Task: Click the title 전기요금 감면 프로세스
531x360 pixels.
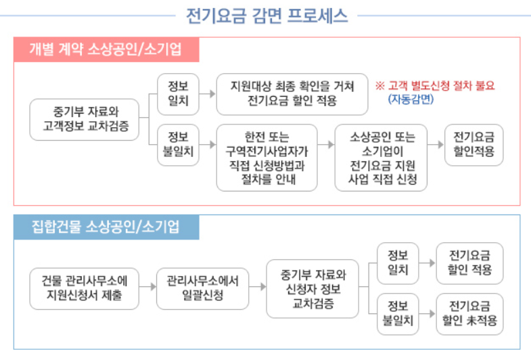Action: pyautogui.click(x=266, y=15)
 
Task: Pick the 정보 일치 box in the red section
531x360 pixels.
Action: pyautogui.click(x=175, y=94)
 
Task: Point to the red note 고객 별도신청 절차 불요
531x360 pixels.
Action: pyautogui.click(x=435, y=86)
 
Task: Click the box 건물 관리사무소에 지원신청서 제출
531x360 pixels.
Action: pyautogui.click(x=85, y=287)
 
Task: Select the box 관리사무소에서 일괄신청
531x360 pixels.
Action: pyautogui.click(x=202, y=287)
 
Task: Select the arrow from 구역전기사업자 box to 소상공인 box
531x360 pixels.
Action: pyautogui.click(x=326, y=145)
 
